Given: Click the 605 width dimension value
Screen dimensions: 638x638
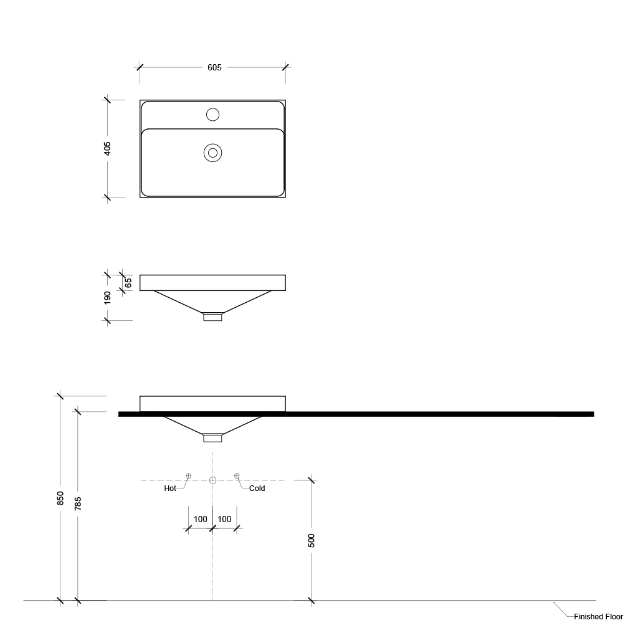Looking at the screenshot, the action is click(x=214, y=67).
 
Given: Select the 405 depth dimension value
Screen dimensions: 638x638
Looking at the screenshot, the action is click(x=107, y=148).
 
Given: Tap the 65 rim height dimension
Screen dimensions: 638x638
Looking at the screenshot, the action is click(x=128, y=283).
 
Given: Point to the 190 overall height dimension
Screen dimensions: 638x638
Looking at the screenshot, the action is click(x=107, y=297).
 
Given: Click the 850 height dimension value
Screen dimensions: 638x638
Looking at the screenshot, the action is click(x=60, y=498).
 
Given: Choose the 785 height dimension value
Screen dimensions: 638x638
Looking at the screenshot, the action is click(x=78, y=503).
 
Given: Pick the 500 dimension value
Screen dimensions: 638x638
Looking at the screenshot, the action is click(x=312, y=540).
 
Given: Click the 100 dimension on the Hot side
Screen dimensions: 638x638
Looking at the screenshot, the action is click(x=200, y=519).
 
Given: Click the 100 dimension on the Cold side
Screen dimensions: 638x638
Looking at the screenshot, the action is click(x=224, y=519).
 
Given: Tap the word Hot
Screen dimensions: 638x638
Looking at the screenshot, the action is click(x=170, y=488).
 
